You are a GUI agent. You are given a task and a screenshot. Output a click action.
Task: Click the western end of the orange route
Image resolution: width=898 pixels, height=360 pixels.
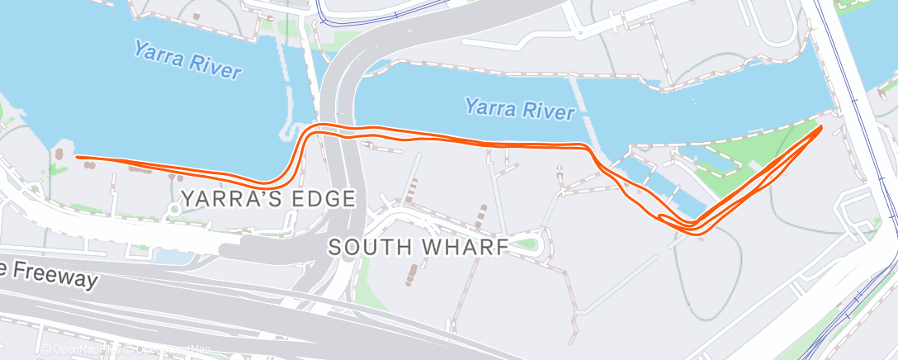point(77,156)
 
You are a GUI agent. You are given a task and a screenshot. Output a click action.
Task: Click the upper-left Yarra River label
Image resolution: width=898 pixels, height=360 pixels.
point(188,61)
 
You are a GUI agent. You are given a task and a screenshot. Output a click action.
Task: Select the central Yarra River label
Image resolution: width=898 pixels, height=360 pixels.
point(519,108)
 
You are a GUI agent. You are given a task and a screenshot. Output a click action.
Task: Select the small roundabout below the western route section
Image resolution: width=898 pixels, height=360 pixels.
point(173,210)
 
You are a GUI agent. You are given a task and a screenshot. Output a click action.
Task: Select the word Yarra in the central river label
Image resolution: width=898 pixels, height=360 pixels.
point(490,106)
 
